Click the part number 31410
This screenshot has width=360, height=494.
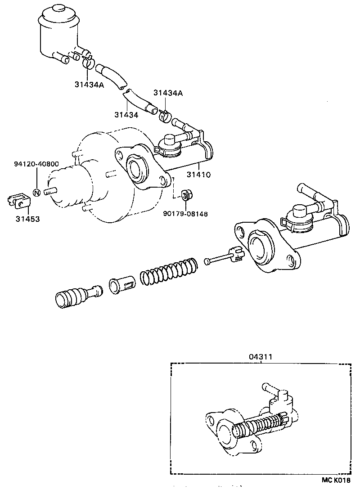(x=198, y=174)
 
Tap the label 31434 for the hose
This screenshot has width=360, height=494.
(x=126, y=115)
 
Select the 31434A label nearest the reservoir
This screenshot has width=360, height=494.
(x=90, y=84)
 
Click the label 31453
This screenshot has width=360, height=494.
(x=27, y=219)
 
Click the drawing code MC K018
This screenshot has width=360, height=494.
(x=335, y=481)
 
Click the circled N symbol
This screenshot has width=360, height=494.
(x=37, y=193)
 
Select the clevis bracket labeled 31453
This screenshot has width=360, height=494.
(x=18, y=201)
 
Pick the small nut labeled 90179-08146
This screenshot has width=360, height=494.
(x=185, y=196)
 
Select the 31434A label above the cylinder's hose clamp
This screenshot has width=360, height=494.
(x=168, y=93)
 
